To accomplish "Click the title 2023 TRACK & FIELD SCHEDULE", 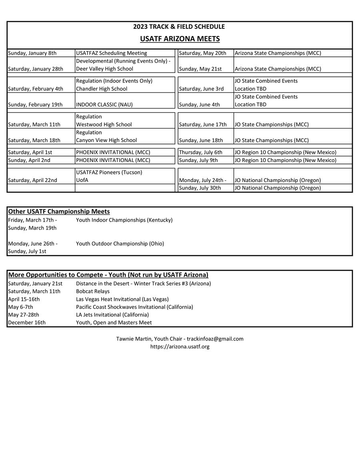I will coord(179,27).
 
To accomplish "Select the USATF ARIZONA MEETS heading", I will coord(180,39).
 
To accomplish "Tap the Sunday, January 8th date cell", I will coord(32,53).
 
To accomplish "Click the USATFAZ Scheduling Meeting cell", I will coord(112,53).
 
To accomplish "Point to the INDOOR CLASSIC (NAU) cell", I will coord(104,104).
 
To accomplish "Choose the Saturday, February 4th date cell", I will coord(36,89).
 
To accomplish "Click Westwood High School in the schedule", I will coord(104,124).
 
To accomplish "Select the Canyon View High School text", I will coord(106,140).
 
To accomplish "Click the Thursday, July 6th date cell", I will coord(200,152).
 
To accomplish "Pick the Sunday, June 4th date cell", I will coord(199,104).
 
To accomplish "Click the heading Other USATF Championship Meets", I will coord(59,211).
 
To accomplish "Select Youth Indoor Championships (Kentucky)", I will coord(124,220).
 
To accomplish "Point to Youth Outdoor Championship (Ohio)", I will coord(120,243).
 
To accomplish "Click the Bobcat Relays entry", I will coord(93,291).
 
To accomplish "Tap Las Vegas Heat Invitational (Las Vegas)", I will coord(122,299).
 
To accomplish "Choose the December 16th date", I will coord(27,322).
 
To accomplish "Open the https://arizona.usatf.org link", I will coord(180,346).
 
